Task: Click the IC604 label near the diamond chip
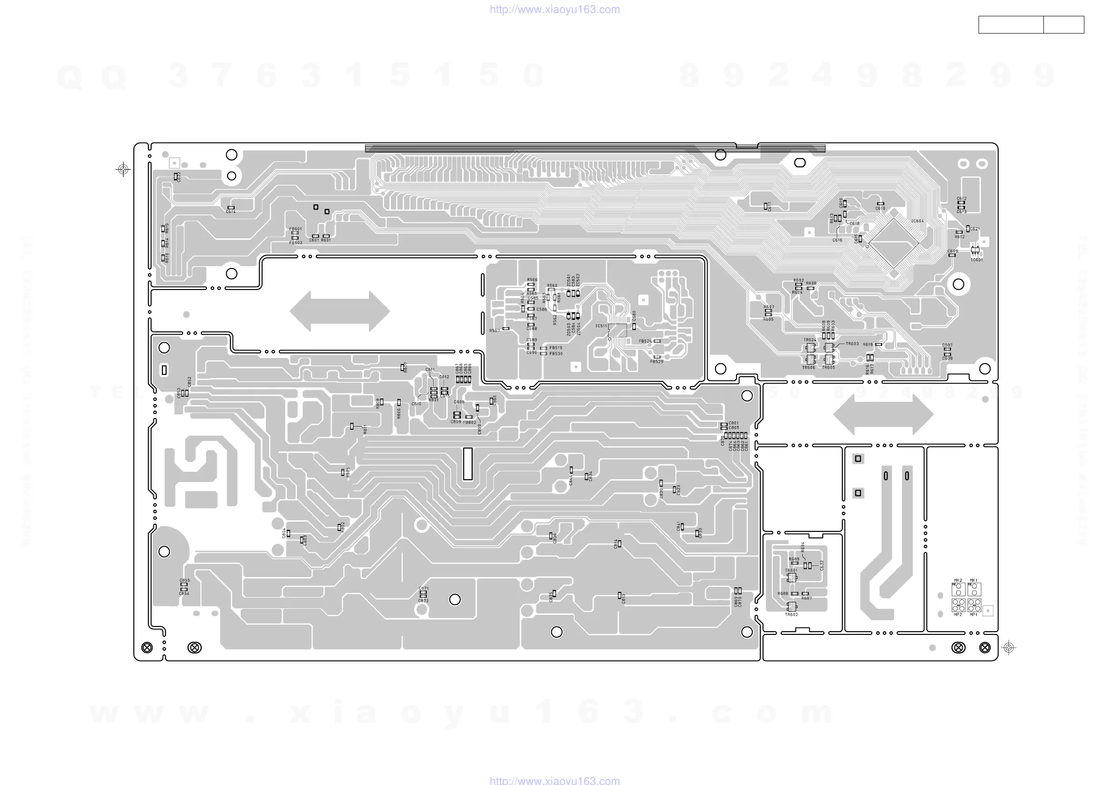917,221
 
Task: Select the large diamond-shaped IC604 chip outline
893,243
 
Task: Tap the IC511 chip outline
617,331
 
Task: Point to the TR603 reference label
852,344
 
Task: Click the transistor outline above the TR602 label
792,606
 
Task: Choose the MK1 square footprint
974,589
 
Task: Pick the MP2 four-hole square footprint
958,605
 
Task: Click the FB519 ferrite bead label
555,348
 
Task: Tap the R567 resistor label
494,331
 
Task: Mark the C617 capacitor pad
765,207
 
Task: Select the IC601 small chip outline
975,250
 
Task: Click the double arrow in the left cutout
339,311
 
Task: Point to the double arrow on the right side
883,414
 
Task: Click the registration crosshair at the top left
124,169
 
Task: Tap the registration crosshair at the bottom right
1008,647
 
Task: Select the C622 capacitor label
179,177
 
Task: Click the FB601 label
295,229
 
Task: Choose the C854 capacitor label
184,593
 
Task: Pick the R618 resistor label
868,344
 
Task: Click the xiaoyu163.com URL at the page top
555,9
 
